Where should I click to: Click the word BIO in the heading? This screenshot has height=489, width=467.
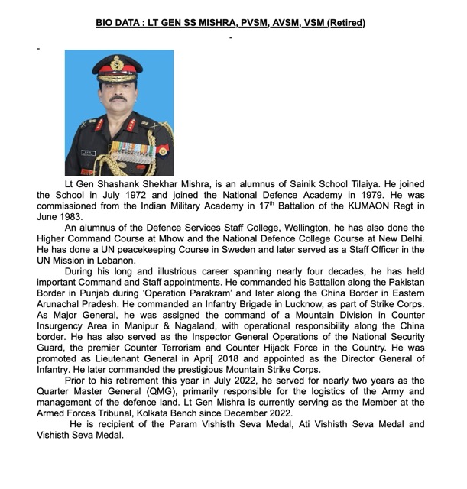[106, 23]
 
